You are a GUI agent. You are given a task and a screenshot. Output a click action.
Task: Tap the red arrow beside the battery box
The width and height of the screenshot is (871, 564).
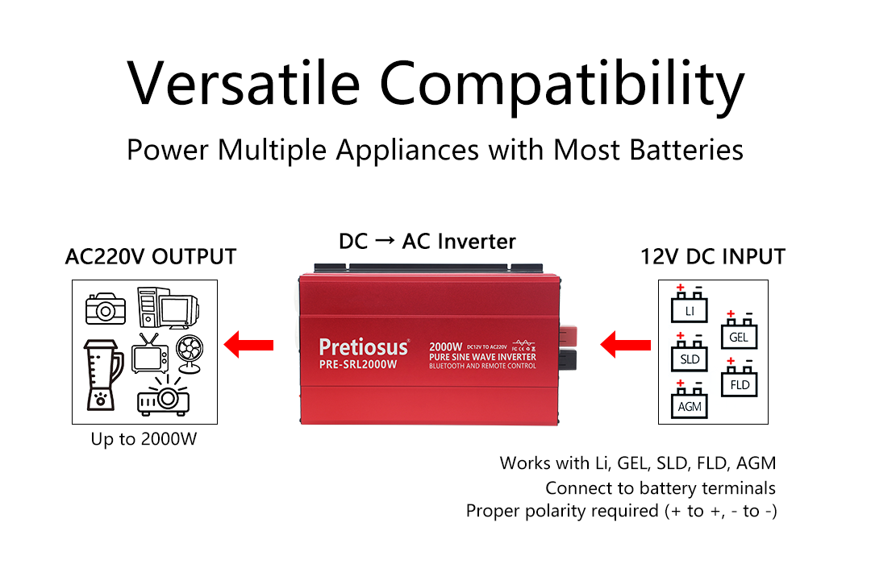coord(626,346)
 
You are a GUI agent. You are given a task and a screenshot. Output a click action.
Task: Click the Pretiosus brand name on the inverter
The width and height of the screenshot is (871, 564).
coord(363,346)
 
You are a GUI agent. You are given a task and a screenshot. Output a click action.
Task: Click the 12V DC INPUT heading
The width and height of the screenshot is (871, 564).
coord(712,257)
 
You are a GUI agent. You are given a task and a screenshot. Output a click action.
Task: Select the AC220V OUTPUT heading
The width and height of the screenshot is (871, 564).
coord(151,257)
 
